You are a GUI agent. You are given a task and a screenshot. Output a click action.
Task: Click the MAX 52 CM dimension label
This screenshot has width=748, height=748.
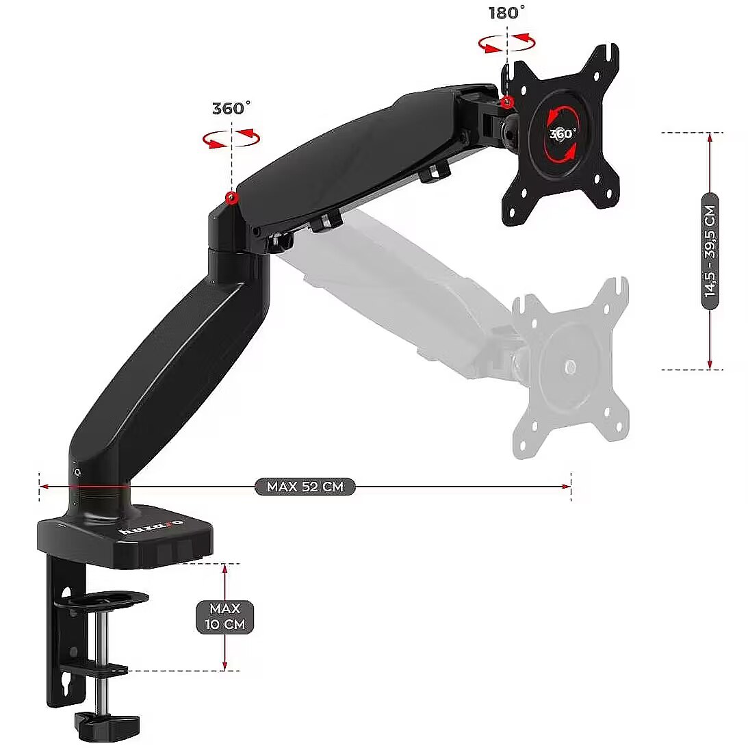click(305, 487)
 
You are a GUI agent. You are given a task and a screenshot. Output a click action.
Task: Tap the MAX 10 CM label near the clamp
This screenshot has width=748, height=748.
click(224, 617)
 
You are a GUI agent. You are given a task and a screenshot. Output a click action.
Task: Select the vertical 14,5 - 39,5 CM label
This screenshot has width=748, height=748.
click(710, 251)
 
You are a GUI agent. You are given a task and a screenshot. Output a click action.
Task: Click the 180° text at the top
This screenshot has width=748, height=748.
click(506, 12)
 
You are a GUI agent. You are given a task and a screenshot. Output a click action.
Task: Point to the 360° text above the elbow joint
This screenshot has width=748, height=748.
click(231, 108)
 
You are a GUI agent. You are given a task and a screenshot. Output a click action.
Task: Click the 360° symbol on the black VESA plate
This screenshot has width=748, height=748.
click(563, 133)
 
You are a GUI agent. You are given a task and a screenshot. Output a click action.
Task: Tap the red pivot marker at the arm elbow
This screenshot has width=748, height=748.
click(232, 198)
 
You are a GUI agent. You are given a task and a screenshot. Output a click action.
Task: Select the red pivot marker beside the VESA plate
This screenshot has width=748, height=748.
click(508, 101)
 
